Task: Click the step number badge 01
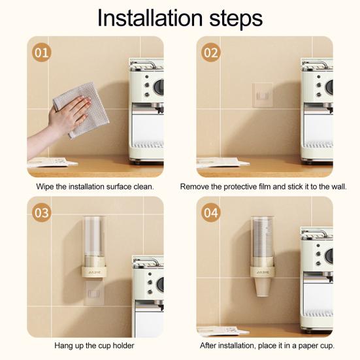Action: point(42,52)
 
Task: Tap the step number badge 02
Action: point(211,52)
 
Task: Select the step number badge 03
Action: point(42,212)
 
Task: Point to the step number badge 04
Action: point(211,212)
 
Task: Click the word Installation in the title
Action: point(150,18)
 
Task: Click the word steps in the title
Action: point(236,19)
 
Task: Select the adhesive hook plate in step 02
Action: point(263,95)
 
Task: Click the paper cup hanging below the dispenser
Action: point(263,287)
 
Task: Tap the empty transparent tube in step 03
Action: point(94,236)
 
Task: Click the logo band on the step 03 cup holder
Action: point(93,272)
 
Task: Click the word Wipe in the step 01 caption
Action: point(45,186)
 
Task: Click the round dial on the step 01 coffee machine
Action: point(159,87)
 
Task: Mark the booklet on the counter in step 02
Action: point(222,162)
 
